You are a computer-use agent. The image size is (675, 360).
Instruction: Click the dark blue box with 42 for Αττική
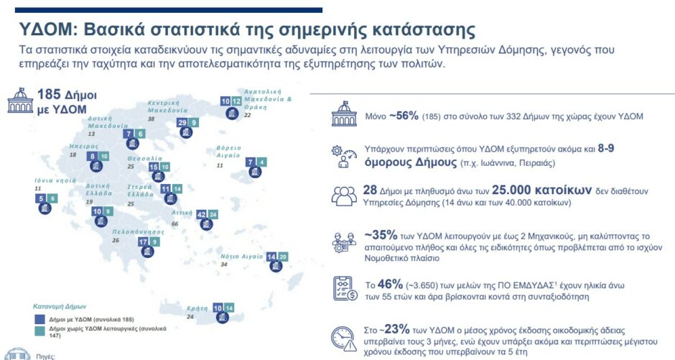coord(202,214)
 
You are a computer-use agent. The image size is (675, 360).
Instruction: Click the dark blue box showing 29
coord(182,123)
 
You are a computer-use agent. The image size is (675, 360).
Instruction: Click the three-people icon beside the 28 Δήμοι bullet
coord(345,196)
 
